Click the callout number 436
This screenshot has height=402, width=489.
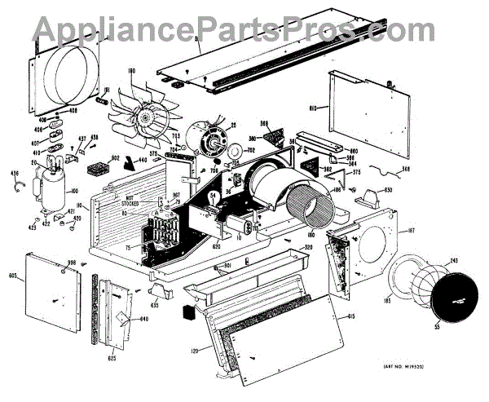(x=13, y=175)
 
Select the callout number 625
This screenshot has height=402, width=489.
(x=110, y=357)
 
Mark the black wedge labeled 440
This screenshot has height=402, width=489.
(x=133, y=166)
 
